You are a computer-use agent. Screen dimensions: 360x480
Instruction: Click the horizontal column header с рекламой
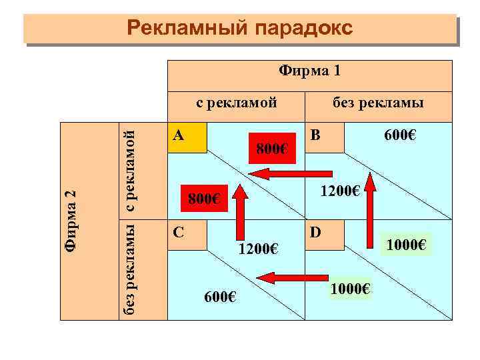235,103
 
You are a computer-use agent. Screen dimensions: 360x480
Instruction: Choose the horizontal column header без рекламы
379,103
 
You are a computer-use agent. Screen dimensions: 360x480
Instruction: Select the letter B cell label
315,134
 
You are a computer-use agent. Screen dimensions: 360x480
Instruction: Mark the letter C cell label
178,233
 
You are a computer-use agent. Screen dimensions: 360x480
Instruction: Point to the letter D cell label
315,233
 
